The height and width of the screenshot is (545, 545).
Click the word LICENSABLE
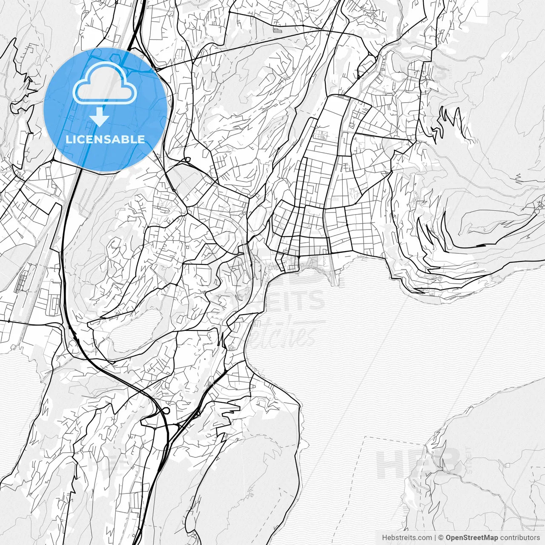(x=105, y=139)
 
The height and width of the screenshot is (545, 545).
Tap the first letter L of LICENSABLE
(x=68, y=139)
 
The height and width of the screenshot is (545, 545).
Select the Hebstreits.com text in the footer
(x=406, y=537)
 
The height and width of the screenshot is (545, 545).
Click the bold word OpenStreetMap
(x=471, y=537)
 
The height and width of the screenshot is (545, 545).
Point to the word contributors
(x=520, y=537)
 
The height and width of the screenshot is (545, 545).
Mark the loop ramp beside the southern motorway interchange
(x=166, y=410)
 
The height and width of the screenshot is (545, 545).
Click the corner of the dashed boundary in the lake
(x=366, y=437)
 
